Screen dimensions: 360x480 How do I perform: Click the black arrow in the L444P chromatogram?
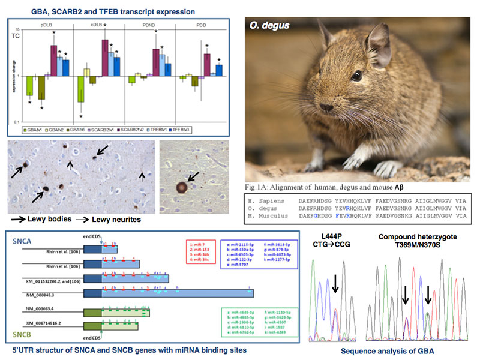coord(335,287)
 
